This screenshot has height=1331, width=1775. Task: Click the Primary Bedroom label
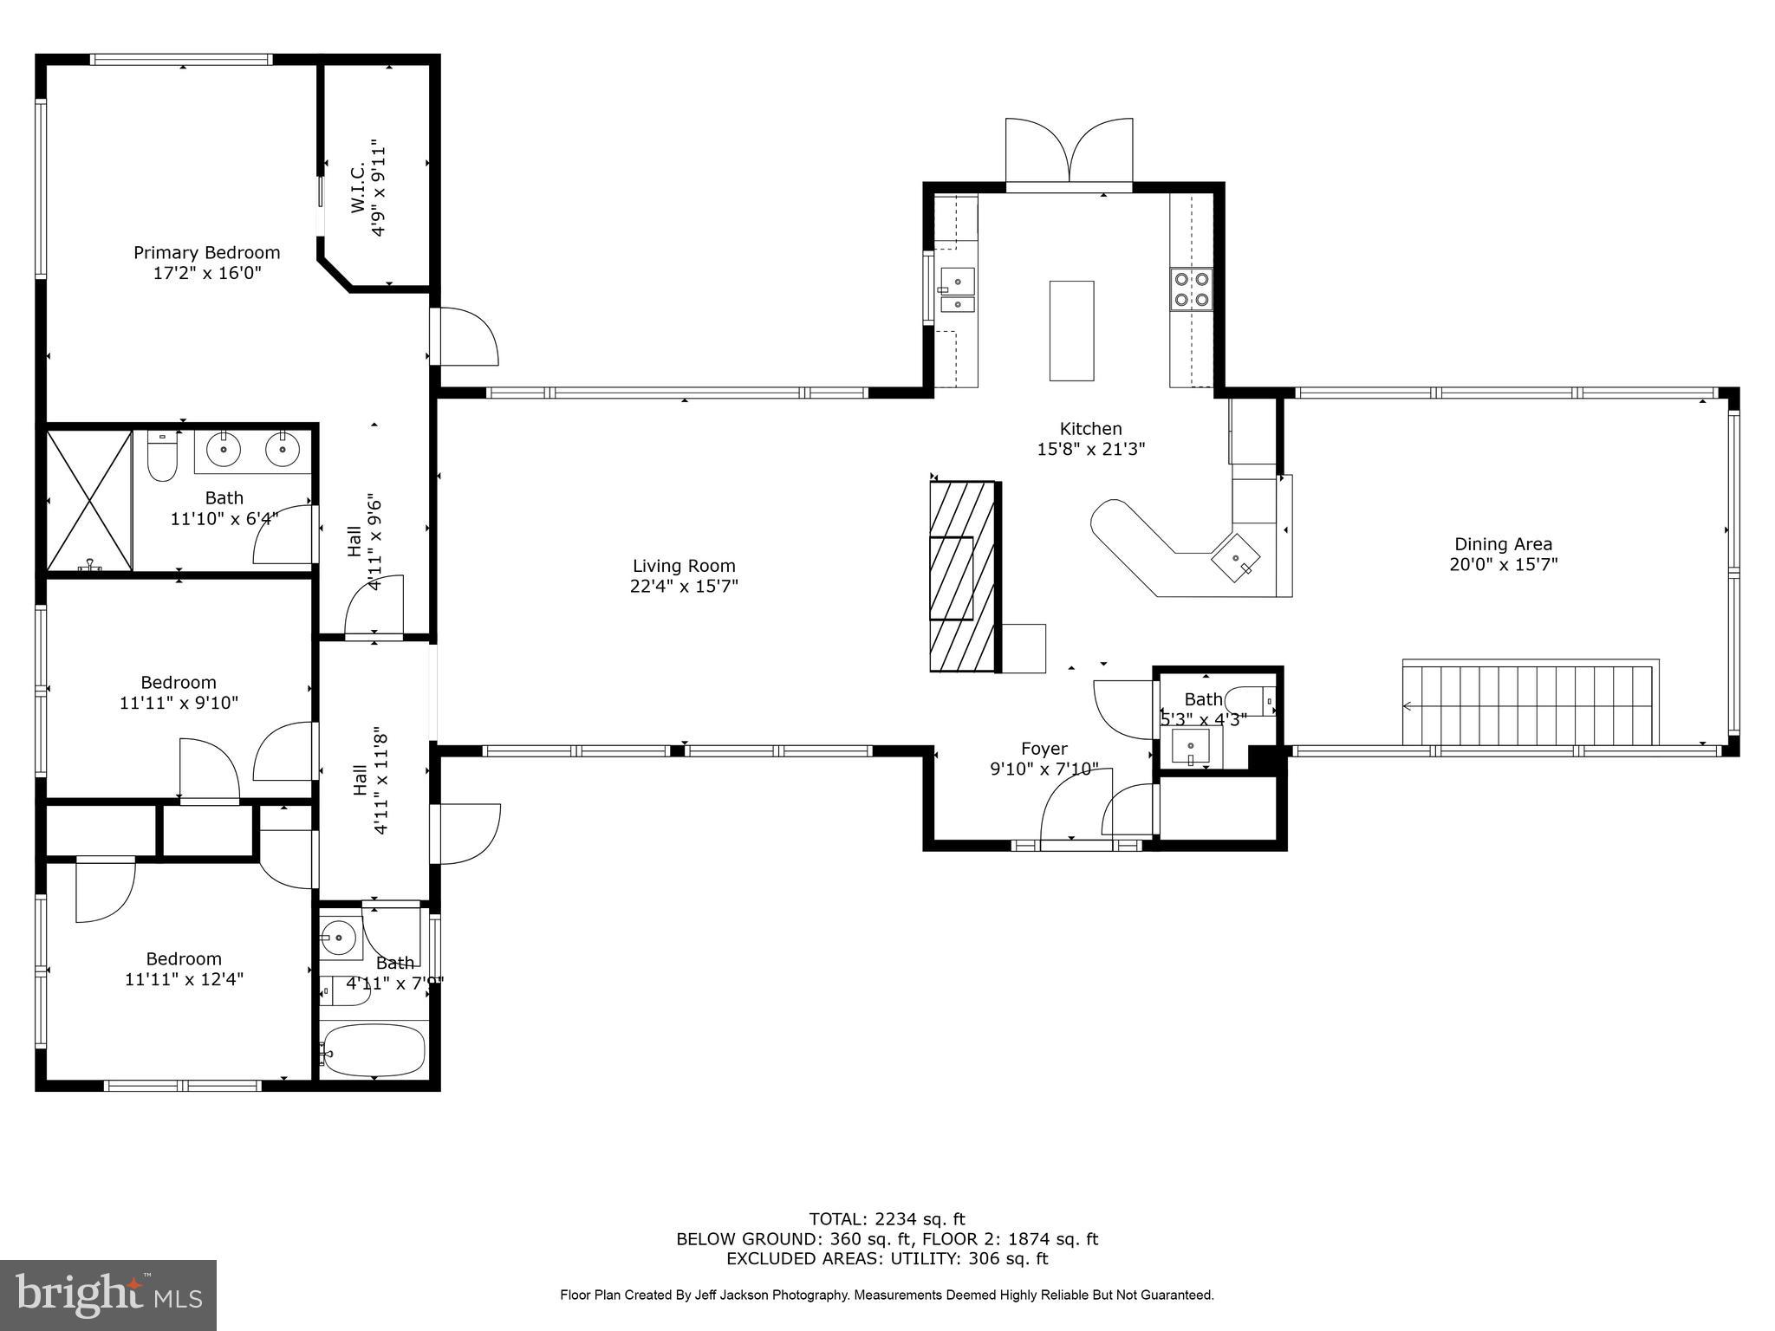206,253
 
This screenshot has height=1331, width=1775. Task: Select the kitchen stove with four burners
1191,289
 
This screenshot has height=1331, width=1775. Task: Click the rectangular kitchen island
1071,330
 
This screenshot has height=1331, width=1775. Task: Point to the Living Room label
684,567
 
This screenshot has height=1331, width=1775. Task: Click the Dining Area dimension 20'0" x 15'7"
1503,565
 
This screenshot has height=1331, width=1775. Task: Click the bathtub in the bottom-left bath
373,1049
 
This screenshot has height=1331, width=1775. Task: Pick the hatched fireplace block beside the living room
962,576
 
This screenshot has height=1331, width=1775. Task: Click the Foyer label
1044,749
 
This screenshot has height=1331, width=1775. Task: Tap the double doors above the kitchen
1069,152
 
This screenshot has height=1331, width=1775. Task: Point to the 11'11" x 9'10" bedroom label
179,693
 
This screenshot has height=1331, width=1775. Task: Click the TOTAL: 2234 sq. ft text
887,1219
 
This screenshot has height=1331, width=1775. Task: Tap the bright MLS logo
108,1295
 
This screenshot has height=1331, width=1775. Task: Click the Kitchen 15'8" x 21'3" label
1090,438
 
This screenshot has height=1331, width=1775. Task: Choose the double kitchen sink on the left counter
957,291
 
